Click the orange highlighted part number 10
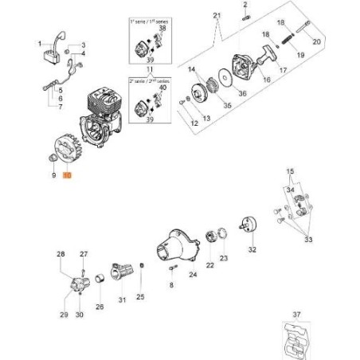point(67,182)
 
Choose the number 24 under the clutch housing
point(193,275)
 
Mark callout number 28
point(61,254)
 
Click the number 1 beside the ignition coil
point(39,36)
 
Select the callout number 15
point(291,171)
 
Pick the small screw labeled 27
point(83,270)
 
